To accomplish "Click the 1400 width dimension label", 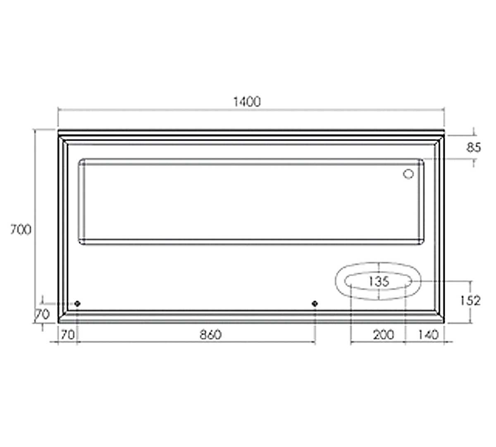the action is (x=247, y=102).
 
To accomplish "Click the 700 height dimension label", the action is (x=21, y=229).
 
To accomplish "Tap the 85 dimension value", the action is (x=474, y=148).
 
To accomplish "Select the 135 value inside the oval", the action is (x=379, y=281).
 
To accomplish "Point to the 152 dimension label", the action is (x=470, y=301).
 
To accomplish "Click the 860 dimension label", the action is (x=211, y=334).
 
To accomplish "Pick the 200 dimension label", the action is (x=383, y=335).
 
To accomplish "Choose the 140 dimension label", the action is (x=429, y=335).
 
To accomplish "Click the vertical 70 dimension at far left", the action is (x=42, y=315).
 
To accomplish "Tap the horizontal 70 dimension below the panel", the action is (x=67, y=335).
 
